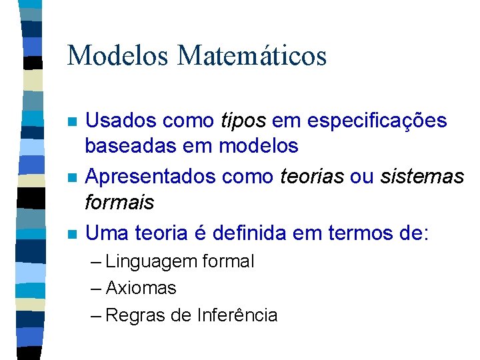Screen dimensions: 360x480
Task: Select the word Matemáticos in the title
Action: (x=251, y=55)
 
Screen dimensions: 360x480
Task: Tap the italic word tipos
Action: (x=243, y=121)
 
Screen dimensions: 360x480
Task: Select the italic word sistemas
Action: (x=421, y=177)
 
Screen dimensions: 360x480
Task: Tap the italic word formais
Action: (x=120, y=201)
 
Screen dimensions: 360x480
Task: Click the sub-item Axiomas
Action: (x=141, y=288)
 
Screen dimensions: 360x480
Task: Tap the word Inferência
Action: (x=237, y=315)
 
